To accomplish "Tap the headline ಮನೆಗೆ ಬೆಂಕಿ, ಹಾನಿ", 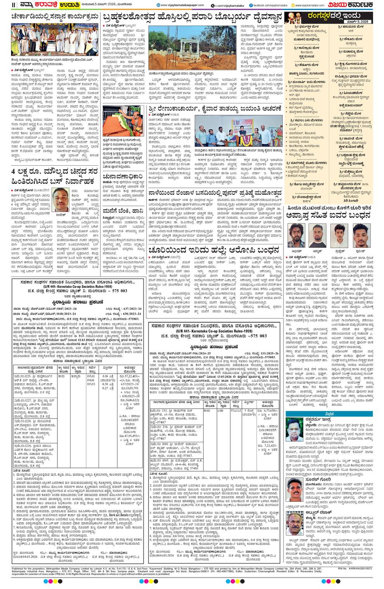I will [121, 211].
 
